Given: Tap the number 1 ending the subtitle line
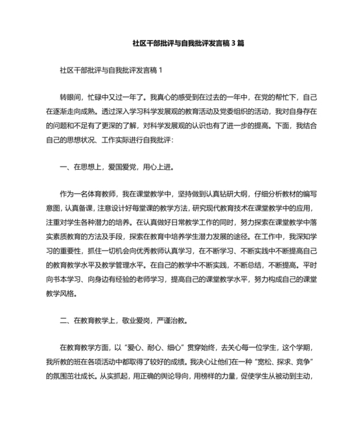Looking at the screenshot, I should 161,69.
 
